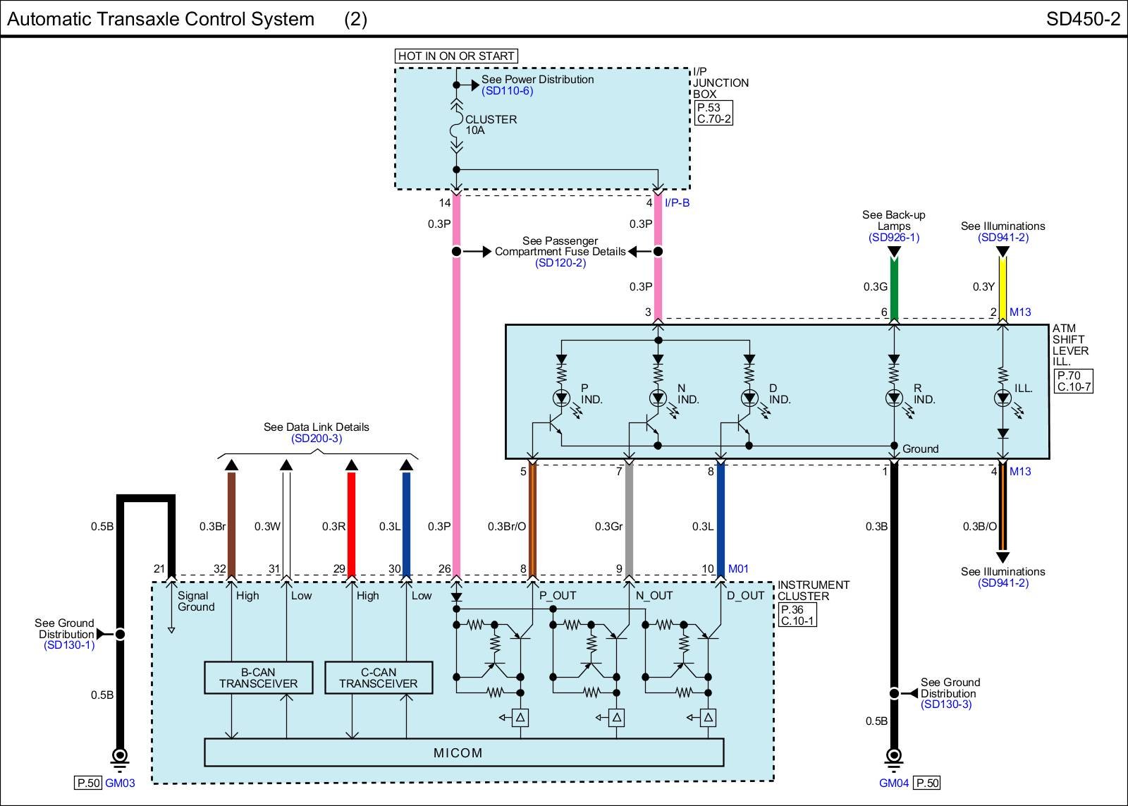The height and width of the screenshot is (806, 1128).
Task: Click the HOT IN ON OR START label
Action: [x=456, y=56]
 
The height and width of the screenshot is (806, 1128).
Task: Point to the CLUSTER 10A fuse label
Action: [x=491, y=124]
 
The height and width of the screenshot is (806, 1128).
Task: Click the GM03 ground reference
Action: [x=120, y=783]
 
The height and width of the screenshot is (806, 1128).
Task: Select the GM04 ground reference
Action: [x=894, y=783]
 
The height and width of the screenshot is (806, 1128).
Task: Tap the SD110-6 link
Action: [x=507, y=91]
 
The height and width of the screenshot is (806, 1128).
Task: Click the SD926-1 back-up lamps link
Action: [x=894, y=237]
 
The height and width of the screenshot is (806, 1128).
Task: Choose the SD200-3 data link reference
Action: [x=317, y=439]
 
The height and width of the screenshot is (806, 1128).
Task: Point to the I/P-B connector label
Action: [x=677, y=202]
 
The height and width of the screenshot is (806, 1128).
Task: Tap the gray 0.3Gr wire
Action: [x=629, y=519]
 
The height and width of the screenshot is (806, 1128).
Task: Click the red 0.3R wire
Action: [x=352, y=524]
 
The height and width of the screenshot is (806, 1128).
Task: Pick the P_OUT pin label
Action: [x=558, y=595]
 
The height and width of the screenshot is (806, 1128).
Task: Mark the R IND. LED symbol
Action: [x=894, y=398]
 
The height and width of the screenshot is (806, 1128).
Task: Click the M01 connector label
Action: [x=738, y=569]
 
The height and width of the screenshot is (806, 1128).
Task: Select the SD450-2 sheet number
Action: [x=1083, y=19]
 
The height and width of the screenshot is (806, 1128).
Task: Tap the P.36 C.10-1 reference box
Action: [x=797, y=615]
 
